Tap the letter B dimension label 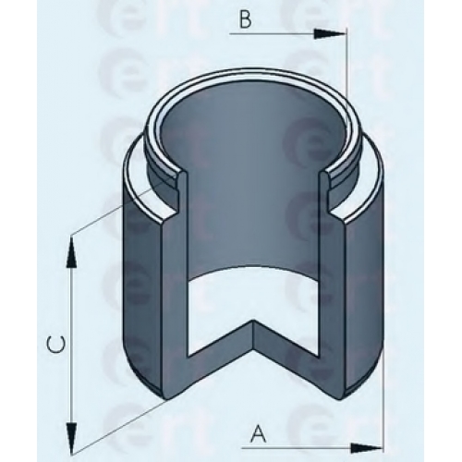(x=245, y=20)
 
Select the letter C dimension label (x=55, y=345)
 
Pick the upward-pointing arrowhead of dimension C (x=71, y=252)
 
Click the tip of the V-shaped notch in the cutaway (x=253, y=321)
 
